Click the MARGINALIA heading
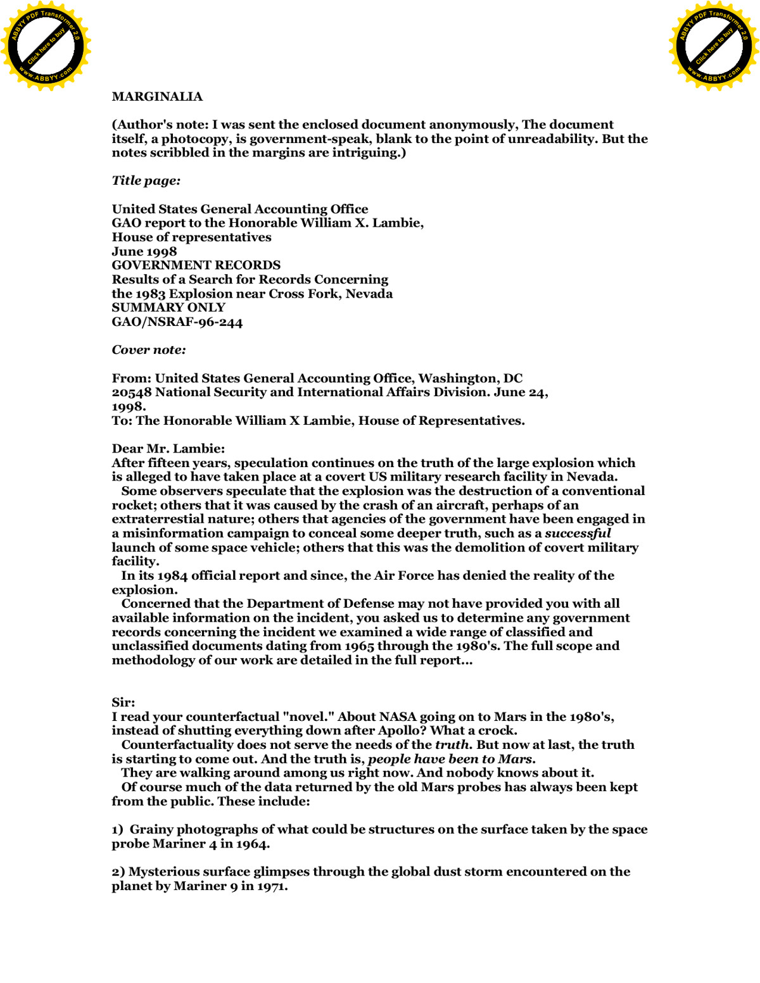coord(157,97)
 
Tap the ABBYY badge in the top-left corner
coord(46,46)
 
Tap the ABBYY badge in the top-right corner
coord(714,46)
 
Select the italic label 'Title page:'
coord(146,181)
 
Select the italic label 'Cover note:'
coord(149,350)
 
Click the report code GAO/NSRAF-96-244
coord(177,322)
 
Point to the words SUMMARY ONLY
coord(168,308)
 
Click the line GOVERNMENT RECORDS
coord(196,265)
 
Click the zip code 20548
coord(132,392)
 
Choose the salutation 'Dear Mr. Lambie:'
coord(168,449)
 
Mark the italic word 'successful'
coord(578,534)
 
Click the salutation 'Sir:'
coord(123,703)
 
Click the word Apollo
coord(403,731)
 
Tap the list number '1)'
coord(117,830)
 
